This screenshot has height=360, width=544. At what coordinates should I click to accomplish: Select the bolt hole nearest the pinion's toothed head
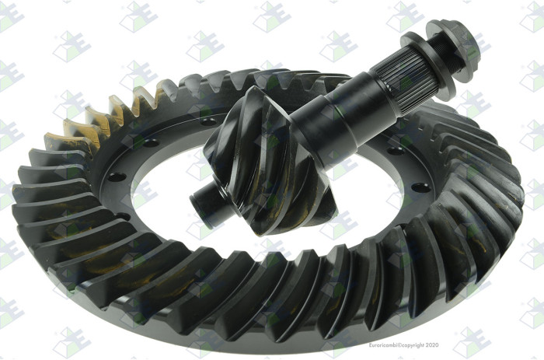pos(208,122)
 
